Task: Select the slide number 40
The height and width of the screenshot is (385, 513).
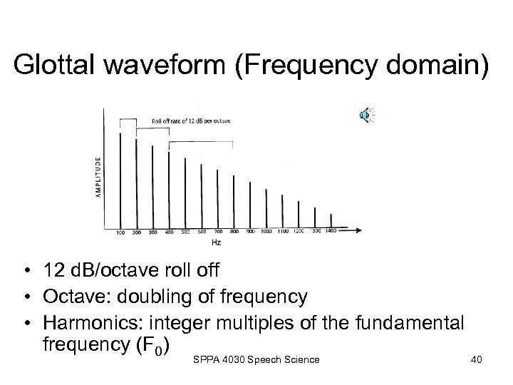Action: [476, 360]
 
